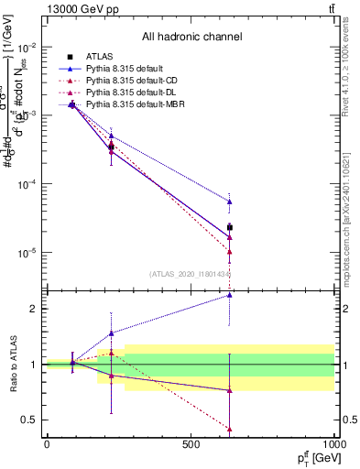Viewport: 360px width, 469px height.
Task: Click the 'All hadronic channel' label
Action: (x=191, y=37)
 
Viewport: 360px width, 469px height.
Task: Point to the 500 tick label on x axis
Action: (x=191, y=444)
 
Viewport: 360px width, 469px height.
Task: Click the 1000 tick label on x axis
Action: (x=333, y=444)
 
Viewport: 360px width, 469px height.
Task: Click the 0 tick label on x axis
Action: (x=47, y=444)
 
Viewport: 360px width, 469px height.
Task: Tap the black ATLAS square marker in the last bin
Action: (x=230, y=227)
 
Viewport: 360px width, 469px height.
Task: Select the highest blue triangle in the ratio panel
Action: (x=230, y=295)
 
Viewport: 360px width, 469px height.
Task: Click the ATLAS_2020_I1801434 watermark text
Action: (x=190, y=273)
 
